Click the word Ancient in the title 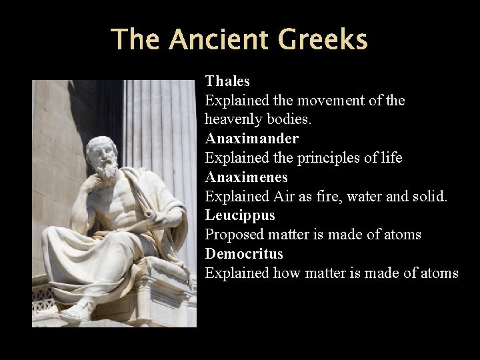(x=219, y=39)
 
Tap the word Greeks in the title (x=322, y=39)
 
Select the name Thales (x=227, y=81)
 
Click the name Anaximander (x=252, y=139)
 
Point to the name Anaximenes (x=247, y=177)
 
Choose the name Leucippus (x=240, y=215)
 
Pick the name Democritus (x=244, y=254)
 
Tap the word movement (x=329, y=101)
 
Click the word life (x=391, y=158)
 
